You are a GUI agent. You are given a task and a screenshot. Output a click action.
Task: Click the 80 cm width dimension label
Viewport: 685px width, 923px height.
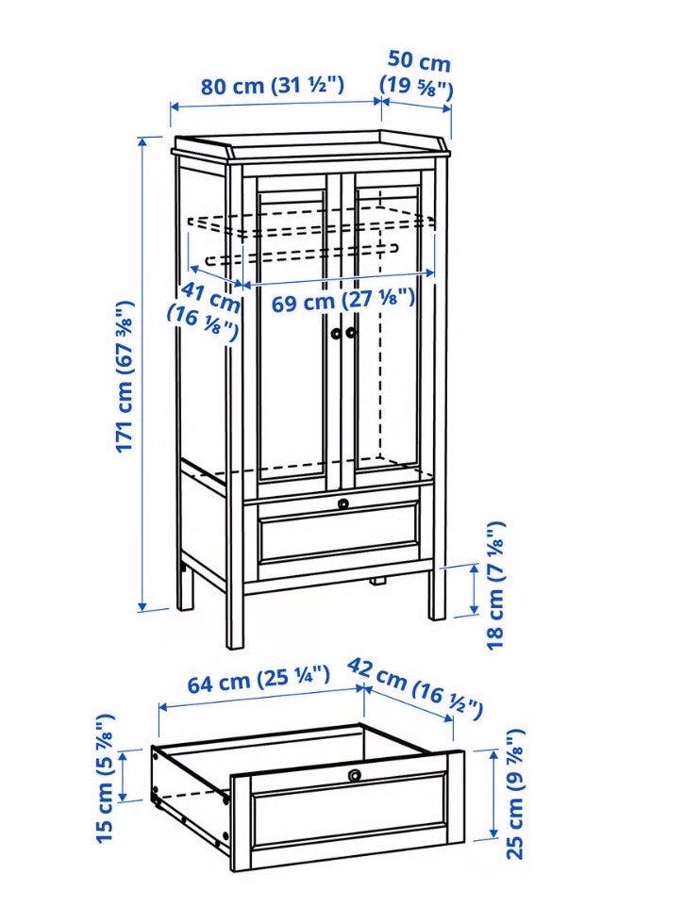click(x=272, y=86)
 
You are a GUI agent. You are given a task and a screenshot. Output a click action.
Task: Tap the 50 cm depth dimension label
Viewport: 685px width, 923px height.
click(x=418, y=74)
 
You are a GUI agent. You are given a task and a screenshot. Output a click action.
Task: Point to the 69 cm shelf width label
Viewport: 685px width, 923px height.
click(x=342, y=302)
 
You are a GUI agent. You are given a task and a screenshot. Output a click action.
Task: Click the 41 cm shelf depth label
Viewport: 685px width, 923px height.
click(x=206, y=312)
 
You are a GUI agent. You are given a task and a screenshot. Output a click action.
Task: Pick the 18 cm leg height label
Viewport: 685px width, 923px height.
click(x=496, y=585)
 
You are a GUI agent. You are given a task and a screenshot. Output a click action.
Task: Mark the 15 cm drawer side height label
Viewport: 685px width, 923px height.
click(x=105, y=777)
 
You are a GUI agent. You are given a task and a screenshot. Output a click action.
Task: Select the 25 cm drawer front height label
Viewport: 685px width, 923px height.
click(x=515, y=794)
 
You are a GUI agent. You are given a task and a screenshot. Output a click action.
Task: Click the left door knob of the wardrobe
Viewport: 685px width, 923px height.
click(x=335, y=333)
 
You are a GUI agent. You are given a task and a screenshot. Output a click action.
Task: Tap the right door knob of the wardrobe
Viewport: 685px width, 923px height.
click(x=352, y=333)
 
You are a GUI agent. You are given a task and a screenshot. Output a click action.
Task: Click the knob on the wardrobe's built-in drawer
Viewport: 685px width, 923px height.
click(x=342, y=503)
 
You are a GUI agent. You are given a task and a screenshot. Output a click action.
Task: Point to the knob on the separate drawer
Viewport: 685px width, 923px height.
click(x=355, y=775)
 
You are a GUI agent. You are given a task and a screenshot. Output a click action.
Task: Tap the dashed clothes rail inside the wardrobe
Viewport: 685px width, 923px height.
click(x=303, y=251)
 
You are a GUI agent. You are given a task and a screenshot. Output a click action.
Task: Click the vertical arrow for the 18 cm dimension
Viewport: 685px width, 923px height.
click(x=474, y=588)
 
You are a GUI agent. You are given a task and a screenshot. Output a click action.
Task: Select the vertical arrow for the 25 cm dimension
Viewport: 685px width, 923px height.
click(x=493, y=794)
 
